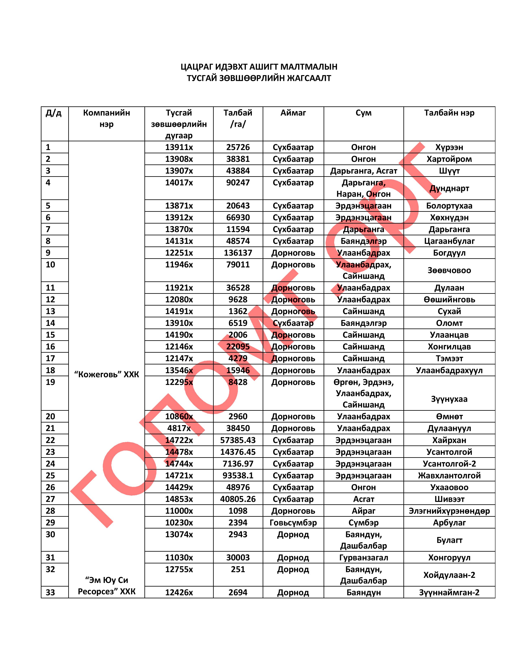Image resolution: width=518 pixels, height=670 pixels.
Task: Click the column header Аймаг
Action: coord(293,113)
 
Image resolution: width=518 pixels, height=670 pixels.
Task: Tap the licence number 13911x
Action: coord(179,147)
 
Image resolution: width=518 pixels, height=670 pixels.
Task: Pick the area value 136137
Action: coord(238,253)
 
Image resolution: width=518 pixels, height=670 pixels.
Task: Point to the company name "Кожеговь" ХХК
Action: coord(106,374)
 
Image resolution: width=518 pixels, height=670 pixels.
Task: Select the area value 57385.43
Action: coord(238,440)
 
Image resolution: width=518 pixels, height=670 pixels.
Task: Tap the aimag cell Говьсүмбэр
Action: coord(293,522)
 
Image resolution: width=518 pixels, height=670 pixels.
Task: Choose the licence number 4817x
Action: coord(179,428)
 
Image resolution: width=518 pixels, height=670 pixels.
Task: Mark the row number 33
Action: coord(50,592)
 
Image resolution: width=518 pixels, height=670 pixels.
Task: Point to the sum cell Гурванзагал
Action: coord(364,557)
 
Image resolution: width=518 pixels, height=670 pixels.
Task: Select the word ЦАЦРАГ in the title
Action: coord(196,67)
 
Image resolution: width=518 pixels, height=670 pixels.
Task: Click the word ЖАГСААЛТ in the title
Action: coord(309,78)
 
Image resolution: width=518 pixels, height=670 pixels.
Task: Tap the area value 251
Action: coord(238,569)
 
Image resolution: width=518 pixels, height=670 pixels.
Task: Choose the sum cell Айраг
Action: coord(364,511)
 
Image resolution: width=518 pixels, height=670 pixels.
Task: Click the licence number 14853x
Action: coord(179,499)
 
